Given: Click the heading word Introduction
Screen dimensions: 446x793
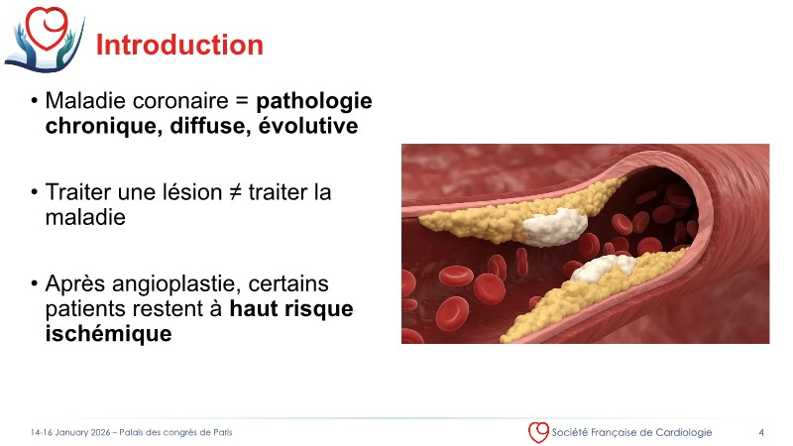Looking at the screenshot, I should (179, 45).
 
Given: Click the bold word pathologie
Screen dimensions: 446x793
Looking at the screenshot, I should (314, 102).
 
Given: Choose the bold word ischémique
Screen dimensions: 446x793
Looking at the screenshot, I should (109, 334).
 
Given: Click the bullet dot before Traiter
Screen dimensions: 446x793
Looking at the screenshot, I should (34, 192).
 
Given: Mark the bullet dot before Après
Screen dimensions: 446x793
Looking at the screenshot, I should (34, 283).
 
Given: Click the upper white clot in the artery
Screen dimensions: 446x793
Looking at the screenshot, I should (556, 227).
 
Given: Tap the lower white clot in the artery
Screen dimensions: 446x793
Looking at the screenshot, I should (604, 269).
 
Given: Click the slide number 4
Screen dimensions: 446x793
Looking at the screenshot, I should (760, 432).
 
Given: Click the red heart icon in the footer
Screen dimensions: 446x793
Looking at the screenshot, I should (538, 432).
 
